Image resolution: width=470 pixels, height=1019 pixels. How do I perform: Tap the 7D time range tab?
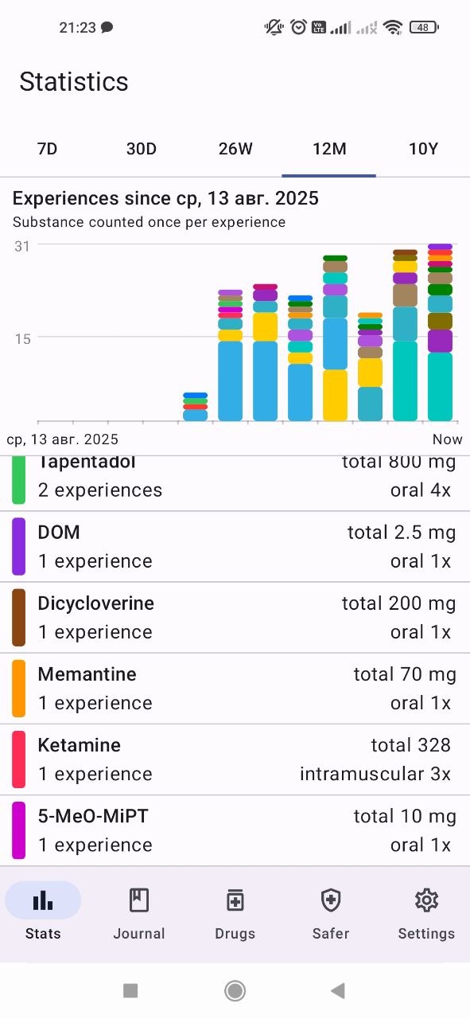click(x=47, y=149)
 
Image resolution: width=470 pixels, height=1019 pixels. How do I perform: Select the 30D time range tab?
click(x=142, y=149)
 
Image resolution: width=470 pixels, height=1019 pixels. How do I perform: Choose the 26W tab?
click(x=235, y=149)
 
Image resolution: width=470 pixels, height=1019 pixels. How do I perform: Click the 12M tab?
click(x=329, y=149)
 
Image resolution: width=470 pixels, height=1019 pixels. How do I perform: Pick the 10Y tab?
click(x=423, y=149)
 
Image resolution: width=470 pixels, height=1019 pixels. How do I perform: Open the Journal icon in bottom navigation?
click(x=139, y=900)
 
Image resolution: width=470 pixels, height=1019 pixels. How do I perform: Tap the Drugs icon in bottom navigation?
click(x=235, y=900)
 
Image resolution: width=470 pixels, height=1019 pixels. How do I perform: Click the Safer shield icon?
click(x=331, y=900)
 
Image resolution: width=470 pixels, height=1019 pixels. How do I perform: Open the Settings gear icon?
click(x=426, y=900)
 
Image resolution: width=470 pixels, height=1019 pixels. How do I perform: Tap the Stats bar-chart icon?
click(x=43, y=900)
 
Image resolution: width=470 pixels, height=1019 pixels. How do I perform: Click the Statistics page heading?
click(x=74, y=82)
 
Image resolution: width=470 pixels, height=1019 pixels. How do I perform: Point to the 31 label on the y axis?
click(x=22, y=247)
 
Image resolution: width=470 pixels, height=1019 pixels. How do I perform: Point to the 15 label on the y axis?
click(x=22, y=339)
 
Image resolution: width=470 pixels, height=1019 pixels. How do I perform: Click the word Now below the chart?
click(x=447, y=439)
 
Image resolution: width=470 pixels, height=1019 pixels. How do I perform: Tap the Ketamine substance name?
click(x=79, y=745)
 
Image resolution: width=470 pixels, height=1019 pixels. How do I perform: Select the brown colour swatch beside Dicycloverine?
click(x=18, y=617)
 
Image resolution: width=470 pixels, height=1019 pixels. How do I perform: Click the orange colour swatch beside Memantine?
click(x=18, y=689)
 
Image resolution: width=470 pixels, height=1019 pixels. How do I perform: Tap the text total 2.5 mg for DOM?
click(x=402, y=533)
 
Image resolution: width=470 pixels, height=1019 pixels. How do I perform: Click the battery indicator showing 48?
click(x=424, y=27)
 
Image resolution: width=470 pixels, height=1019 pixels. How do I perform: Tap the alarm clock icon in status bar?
click(x=299, y=27)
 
